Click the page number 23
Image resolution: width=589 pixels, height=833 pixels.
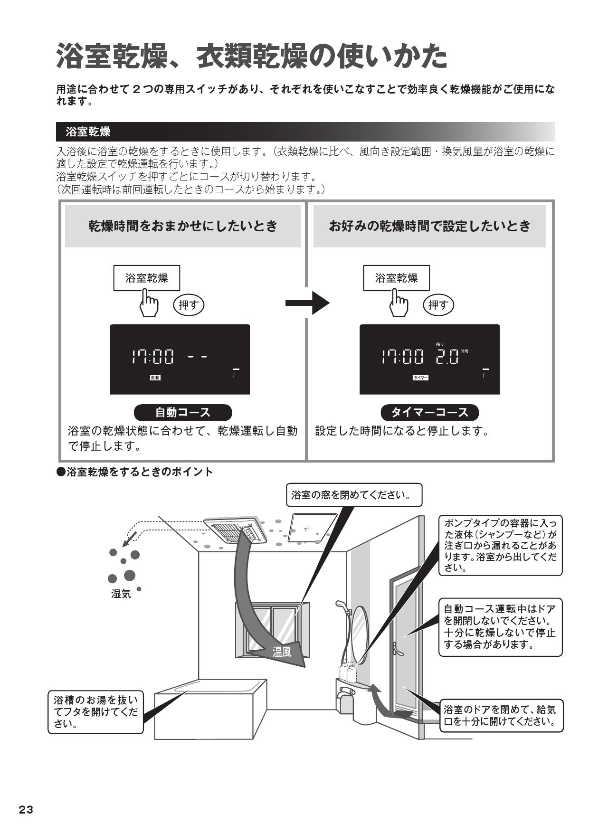tap(26, 810)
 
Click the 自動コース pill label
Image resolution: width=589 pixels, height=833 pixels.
tap(183, 412)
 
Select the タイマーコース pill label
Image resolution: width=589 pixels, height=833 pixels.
tap(429, 412)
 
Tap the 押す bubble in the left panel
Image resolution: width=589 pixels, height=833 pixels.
tap(188, 305)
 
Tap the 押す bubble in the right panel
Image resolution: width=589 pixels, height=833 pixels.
tap(438, 305)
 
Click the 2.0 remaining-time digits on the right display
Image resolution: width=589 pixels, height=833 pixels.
tap(447, 356)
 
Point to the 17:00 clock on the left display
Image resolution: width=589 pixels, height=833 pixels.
tap(152, 356)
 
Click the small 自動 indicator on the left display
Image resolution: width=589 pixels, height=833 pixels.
tap(155, 378)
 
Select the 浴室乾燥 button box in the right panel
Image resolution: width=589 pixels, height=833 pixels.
tap(396, 278)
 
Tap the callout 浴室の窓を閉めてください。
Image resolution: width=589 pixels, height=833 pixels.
tap(353, 495)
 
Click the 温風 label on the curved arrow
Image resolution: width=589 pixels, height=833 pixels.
tap(282, 652)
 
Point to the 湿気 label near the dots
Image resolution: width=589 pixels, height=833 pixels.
tap(121, 593)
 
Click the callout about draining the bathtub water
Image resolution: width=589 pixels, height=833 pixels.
tap(95, 711)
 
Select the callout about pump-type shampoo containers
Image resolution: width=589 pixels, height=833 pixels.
tap(500, 545)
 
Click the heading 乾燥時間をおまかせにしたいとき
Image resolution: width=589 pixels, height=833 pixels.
tap(183, 226)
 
